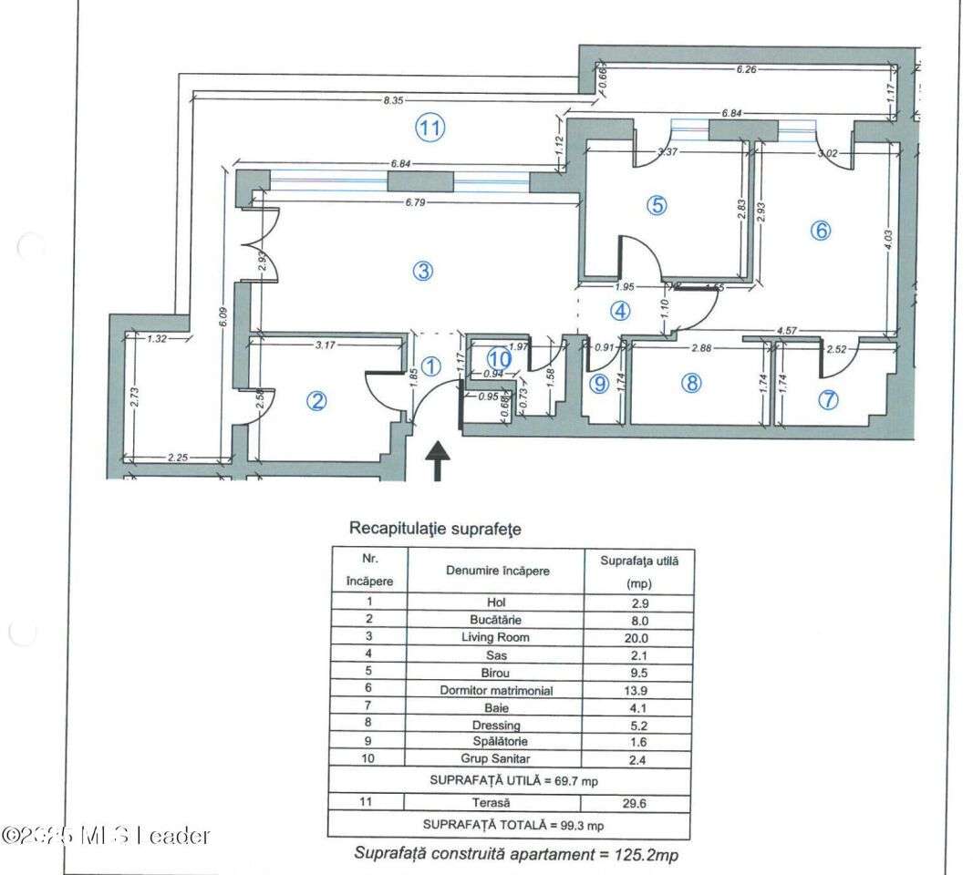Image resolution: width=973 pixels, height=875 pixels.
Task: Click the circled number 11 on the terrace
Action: coord(430,129)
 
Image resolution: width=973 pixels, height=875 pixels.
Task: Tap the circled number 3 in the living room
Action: coord(421,271)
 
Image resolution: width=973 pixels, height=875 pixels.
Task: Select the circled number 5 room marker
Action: coord(657,205)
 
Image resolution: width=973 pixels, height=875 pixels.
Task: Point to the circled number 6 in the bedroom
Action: coord(821,231)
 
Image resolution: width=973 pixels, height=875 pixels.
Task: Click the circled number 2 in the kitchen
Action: coord(316,401)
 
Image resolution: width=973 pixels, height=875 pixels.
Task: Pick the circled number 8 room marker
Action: coord(691,383)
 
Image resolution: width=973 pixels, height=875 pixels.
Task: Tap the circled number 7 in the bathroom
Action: coord(828,399)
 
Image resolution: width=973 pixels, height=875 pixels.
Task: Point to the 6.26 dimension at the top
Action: coord(746,68)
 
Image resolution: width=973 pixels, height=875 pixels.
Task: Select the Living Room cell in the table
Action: coord(496,637)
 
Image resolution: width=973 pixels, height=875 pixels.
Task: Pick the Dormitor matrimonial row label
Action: coord(496,691)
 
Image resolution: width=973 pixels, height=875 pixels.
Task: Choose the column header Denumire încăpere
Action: coord(497,571)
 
